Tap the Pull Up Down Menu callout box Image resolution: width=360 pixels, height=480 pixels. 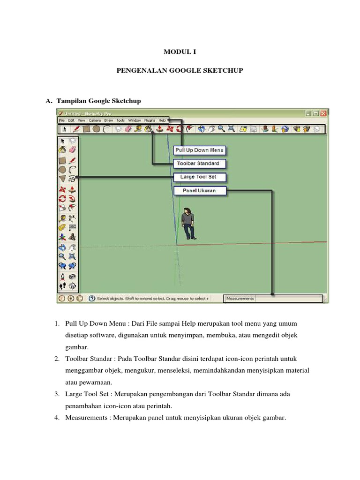click(200, 150)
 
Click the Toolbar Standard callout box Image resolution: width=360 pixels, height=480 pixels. click(200, 164)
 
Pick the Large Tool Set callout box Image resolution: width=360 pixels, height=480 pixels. click(200, 177)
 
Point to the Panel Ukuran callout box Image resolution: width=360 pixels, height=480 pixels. click(200, 191)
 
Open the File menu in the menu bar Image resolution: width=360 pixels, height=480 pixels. click(61, 120)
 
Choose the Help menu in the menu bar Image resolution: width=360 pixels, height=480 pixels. click(162, 120)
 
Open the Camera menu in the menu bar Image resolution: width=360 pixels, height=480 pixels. click(94, 120)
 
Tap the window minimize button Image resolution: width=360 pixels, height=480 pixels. click(308, 113)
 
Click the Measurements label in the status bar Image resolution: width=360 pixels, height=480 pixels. click(240, 298)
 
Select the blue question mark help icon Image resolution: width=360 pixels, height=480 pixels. click(92, 298)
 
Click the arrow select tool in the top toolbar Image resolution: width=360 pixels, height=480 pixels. click(64, 129)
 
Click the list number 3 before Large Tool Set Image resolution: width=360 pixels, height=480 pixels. click(56, 394)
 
